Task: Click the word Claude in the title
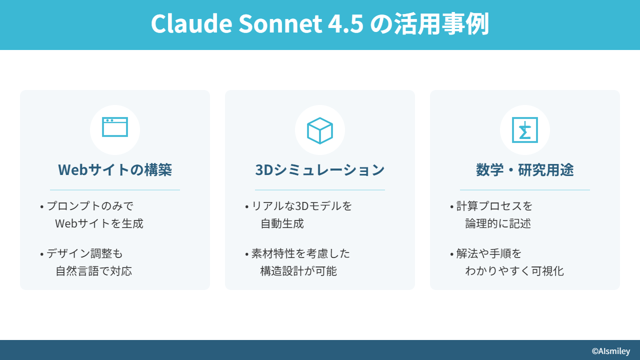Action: [191, 23]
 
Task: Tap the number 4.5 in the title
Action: [345, 23]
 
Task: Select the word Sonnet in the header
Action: [280, 23]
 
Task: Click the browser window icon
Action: [115, 127]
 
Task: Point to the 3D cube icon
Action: [319, 130]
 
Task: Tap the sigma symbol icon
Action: [525, 130]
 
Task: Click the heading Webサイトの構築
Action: [115, 169]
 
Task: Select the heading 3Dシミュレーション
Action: [319, 169]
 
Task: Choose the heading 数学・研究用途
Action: [525, 169]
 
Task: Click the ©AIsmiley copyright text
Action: [611, 351]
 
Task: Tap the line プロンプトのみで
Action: [90, 206]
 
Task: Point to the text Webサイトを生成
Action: [99, 223]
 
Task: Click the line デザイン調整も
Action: [84, 253]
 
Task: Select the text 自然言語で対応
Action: [93, 271]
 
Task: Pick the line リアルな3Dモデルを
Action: [301, 206]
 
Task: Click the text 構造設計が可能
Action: [298, 271]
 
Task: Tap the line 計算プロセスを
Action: [494, 206]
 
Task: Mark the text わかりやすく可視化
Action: [514, 271]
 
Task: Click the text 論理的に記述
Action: [498, 223]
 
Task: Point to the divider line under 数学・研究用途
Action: [525, 189]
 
